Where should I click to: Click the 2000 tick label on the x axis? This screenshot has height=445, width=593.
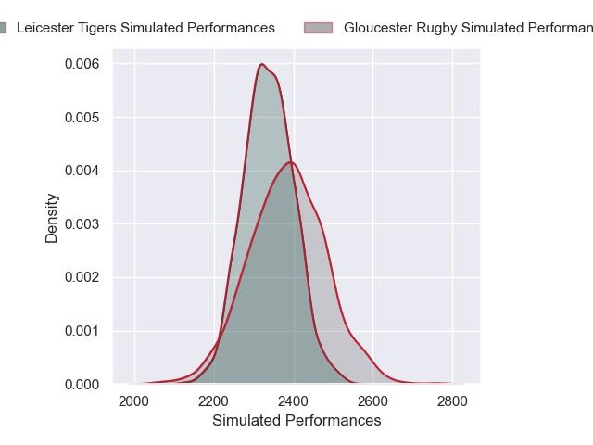(x=134, y=401)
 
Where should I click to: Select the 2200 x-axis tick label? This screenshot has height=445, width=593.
(x=214, y=401)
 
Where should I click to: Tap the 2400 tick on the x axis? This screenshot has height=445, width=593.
(x=294, y=401)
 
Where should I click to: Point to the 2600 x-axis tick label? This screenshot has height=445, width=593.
(x=373, y=401)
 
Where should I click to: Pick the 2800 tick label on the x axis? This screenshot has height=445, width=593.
(x=452, y=401)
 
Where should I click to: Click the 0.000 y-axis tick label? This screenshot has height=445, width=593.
(x=82, y=384)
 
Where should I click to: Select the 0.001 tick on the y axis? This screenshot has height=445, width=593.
(x=82, y=331)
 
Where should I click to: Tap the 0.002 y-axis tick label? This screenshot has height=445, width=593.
(x=82, y=277)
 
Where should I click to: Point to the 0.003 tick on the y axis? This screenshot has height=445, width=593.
(x=82, y=224)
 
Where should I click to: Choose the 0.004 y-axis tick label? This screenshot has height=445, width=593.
(x=82, y=171)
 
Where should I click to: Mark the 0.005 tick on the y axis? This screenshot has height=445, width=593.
(x=82, y=118)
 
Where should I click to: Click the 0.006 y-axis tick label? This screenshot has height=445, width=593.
(x=82, y=64)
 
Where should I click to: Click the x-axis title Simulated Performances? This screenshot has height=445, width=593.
(x=296, y=421)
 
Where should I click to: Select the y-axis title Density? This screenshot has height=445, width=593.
(x=52, y=218)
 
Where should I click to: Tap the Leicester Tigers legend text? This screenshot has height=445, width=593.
(x=145, y=28)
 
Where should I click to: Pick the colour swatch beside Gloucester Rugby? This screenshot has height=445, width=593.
(x=318, y=28)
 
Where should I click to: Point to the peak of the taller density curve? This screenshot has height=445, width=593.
(x=262, y=64)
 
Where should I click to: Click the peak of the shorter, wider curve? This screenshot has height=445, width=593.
(x=291, y=162)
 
